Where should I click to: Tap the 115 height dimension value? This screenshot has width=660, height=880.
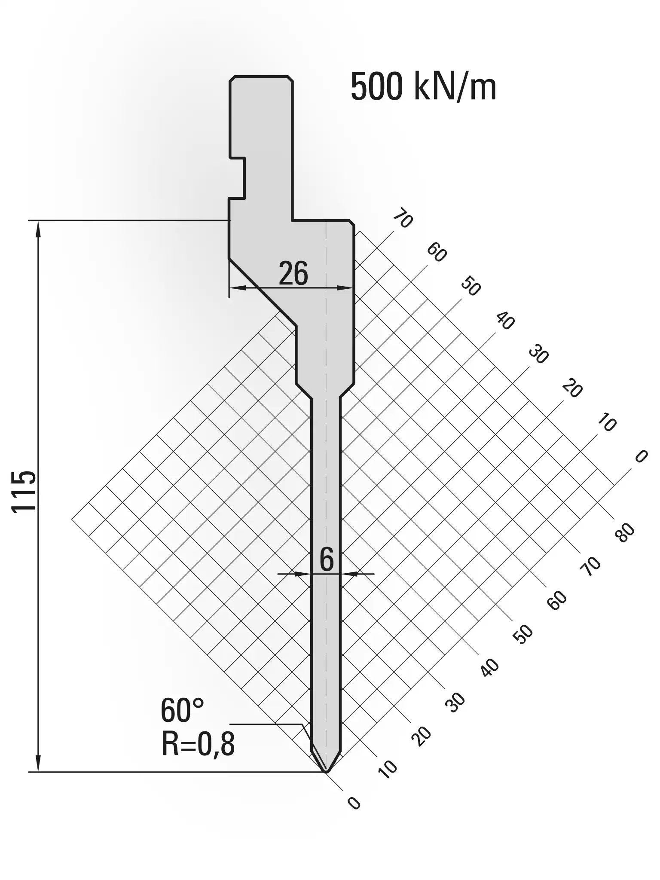pos(24,491)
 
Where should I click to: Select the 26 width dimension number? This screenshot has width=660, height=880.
pos(293,273)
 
